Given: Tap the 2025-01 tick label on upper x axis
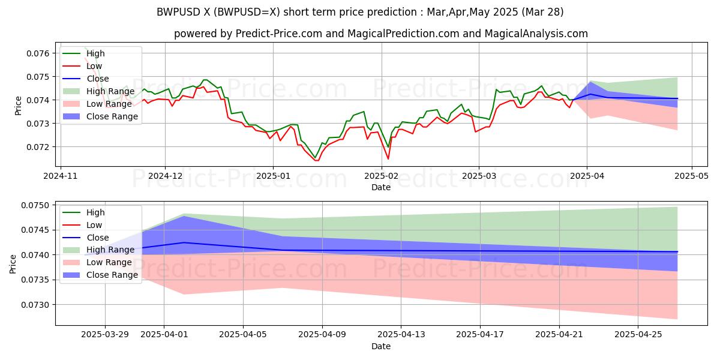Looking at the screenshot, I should (273, 176).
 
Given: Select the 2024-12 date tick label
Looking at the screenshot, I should (165, 176).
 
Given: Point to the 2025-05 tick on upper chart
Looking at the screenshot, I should (692, 176).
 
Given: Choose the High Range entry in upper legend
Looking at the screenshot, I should (110, 91).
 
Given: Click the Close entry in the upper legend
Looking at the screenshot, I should (98, 79).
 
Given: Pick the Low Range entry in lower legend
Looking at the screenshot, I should (110, 262).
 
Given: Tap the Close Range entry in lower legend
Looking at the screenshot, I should (112, 275).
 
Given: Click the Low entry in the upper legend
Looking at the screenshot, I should (95, 66).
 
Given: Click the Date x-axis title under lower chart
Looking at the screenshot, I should (381, 346).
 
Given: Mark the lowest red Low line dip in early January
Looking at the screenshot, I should (316, 160).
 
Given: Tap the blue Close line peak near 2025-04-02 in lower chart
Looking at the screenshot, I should (184, 242).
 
